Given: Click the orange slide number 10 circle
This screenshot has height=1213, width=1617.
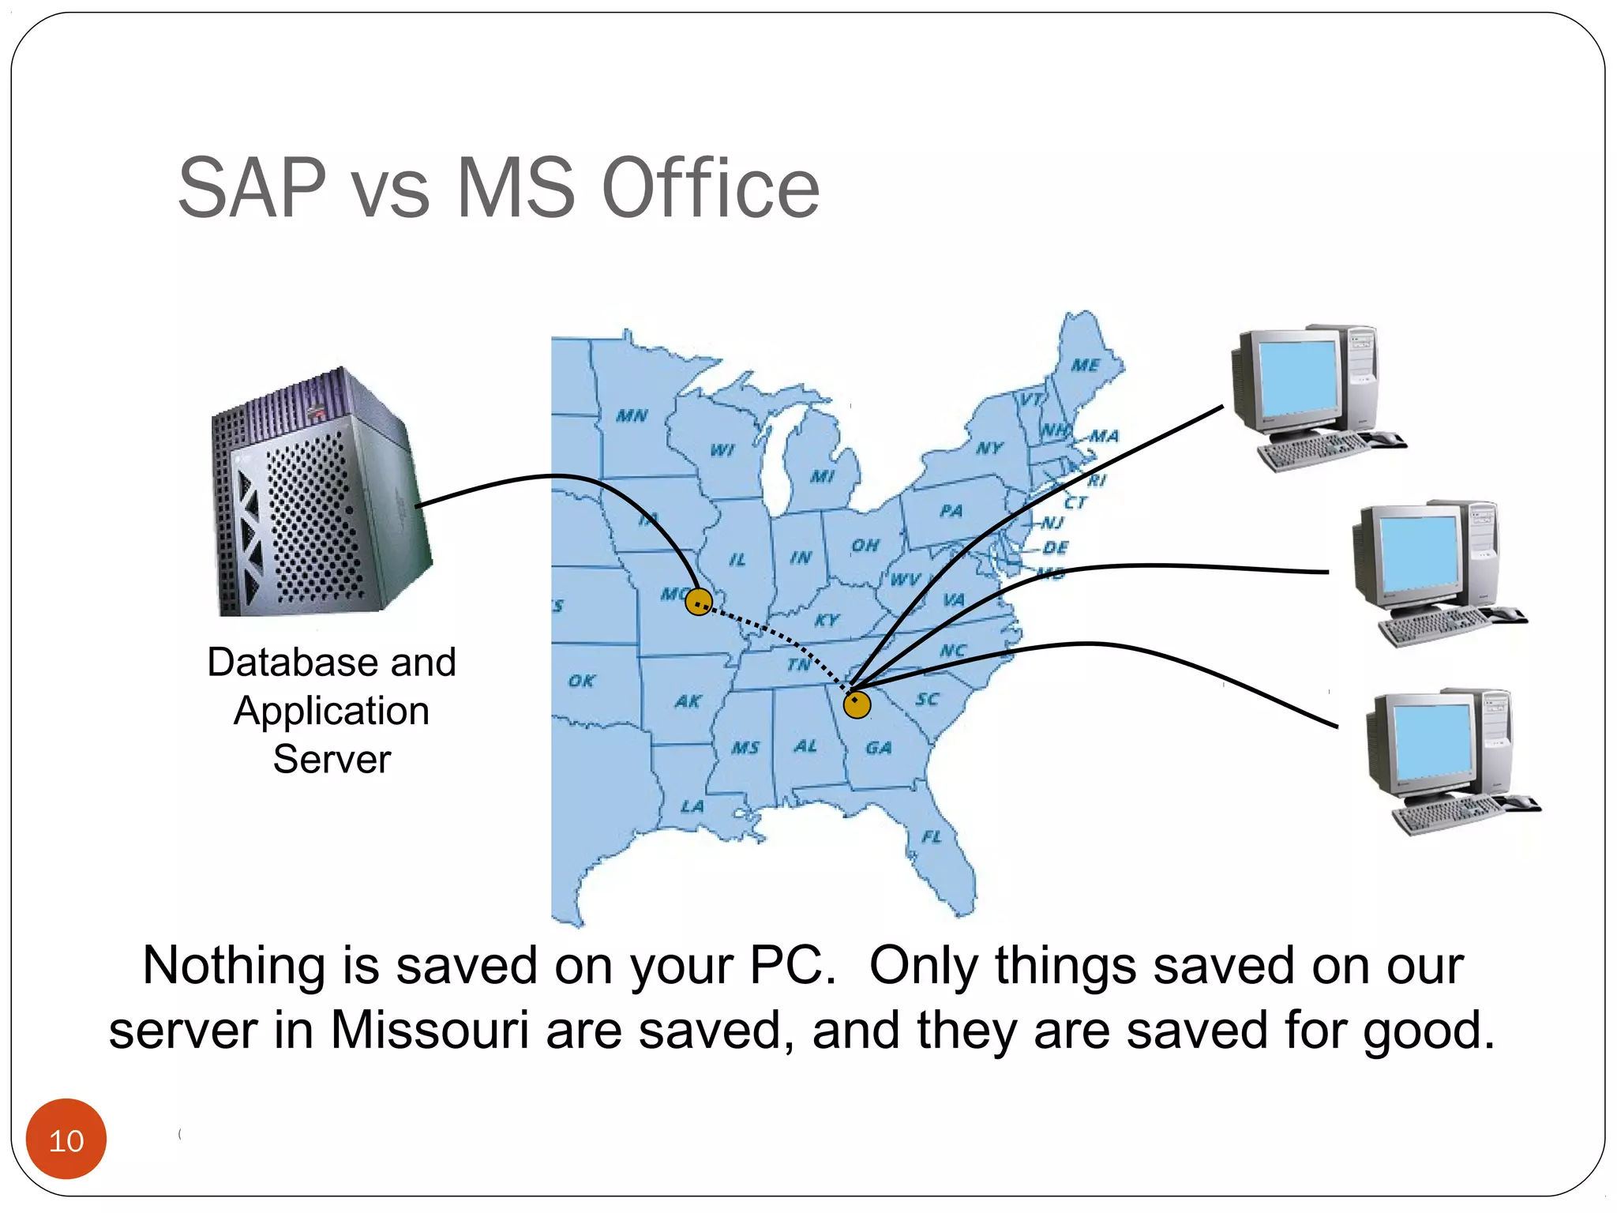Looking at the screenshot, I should pyautogui.click(x=66, y=1139).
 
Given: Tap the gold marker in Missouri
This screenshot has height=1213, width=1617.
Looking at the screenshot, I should pyautogui.click(x=699, y=602).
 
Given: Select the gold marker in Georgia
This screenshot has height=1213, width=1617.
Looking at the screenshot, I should pyautogui.click(x=857, y=704).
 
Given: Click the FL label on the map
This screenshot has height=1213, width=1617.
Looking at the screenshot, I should pyautogui.click(x=932, y=836).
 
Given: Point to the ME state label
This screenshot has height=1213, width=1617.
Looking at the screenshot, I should pyautogui.click(x=1086, y=365).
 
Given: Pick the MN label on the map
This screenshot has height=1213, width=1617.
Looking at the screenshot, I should pyautogui.click(x=632, y=415).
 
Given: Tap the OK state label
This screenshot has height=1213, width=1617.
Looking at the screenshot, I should pyautogui.click(x=582, y=681).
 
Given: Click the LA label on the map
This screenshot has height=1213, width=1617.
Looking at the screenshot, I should pyautogui.click(x=692, y=806).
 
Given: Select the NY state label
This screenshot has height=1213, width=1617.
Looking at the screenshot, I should pyautogui.click(x=989, y=449).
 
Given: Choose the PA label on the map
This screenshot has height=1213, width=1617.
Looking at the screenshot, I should pyautogui.click(x=951, y=511).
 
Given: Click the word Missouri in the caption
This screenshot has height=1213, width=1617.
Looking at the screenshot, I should pyautogui.click(x=429, y=1030).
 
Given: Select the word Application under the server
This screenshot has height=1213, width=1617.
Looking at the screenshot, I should pyautogui.click(x=332, y=711).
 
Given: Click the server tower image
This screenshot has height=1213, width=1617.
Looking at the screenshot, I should pyautogui.click(x=320, y=494).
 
